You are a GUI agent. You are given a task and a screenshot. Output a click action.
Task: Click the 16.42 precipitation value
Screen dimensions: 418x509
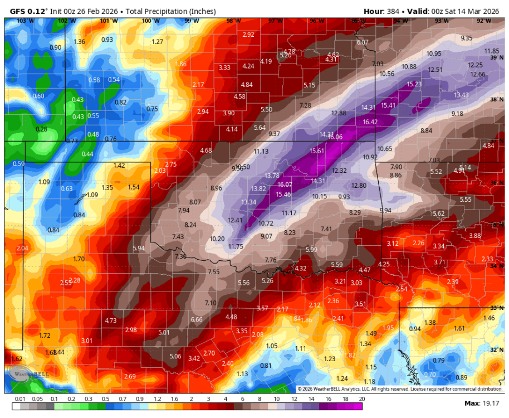tap(370, 122)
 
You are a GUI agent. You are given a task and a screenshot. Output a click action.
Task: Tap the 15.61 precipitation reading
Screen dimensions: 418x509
tap(317, 151)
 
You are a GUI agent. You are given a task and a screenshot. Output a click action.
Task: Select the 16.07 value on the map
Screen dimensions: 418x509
tap(285, 184)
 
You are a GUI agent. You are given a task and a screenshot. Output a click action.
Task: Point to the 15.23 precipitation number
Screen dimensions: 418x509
tap(414, 84)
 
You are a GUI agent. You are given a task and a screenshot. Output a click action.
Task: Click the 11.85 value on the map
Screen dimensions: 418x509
tap(491, 51)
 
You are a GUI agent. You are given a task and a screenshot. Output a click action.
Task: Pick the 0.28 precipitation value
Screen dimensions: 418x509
tap(41, 129)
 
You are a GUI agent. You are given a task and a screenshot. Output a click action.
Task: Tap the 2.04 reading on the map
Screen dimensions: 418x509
tap(23, 248)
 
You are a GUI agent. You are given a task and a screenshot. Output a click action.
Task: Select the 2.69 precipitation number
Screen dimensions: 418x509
tap(129, 377)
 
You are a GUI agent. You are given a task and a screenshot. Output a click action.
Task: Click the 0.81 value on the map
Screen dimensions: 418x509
tap(266, 366)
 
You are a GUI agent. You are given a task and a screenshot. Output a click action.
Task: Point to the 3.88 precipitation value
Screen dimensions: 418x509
tap(474, 236)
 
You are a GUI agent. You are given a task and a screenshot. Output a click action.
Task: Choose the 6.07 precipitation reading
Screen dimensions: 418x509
tap(363, 42)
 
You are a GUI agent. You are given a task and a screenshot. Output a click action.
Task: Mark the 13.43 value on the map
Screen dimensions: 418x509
tap(461, 95)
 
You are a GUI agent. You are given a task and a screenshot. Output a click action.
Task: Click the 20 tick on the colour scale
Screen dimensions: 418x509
tap(362, 399)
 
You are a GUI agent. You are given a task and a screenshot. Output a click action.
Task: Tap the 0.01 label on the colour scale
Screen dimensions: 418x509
tap(20, 399)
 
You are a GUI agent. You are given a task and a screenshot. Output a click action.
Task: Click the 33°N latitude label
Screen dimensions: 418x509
tap(495, 308)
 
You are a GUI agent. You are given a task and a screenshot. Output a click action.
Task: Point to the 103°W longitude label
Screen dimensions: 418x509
tap(22, 21)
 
